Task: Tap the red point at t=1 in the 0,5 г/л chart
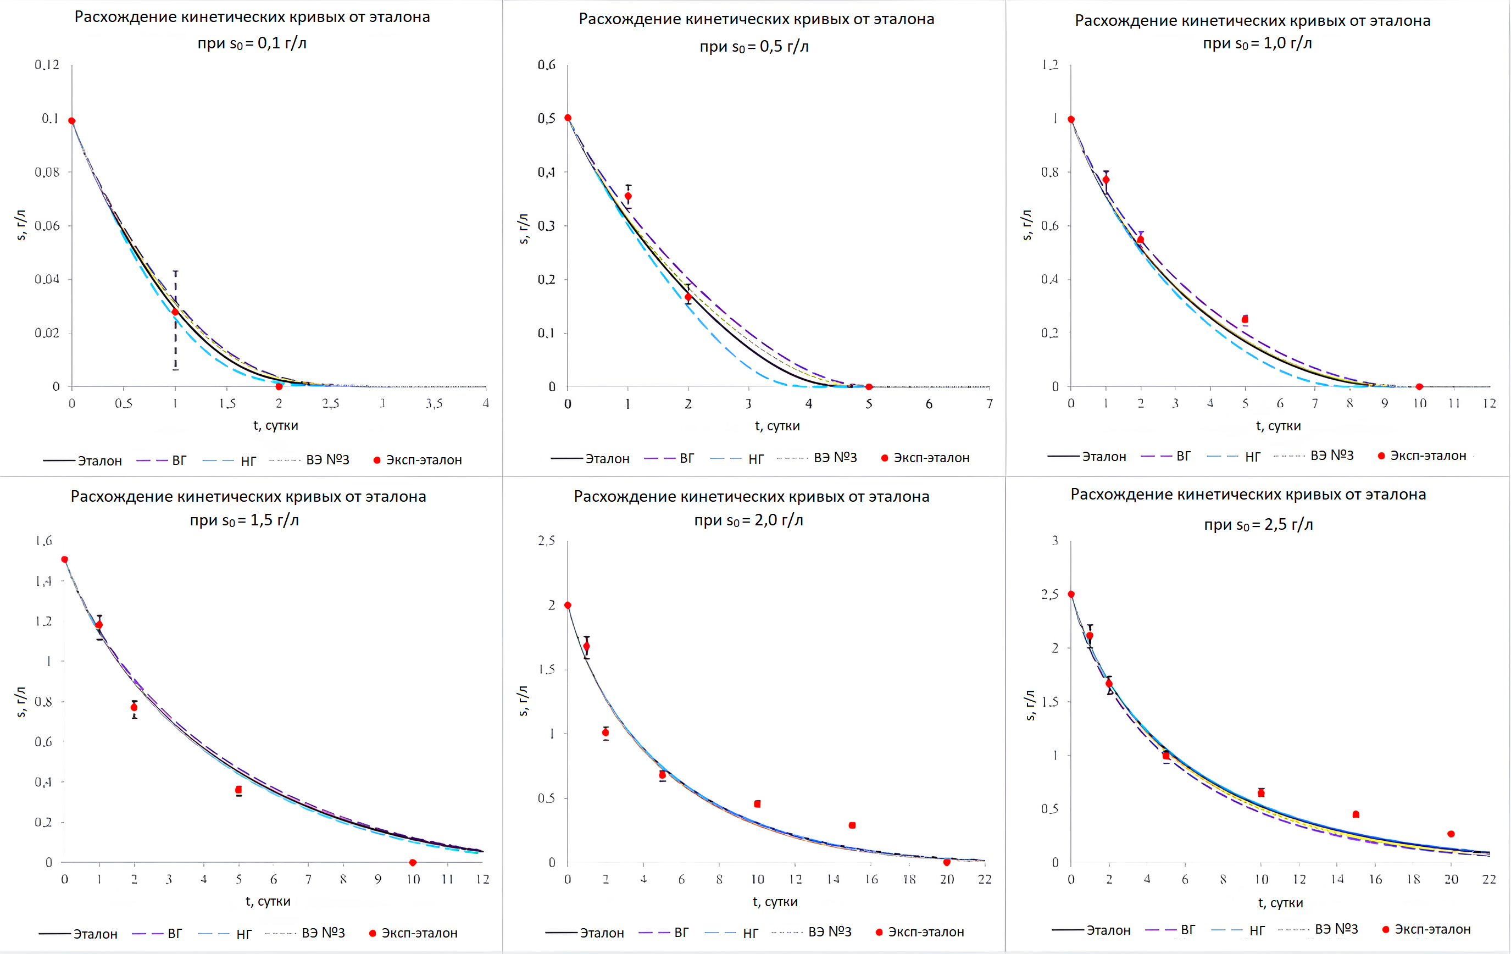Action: (x=628, y=196)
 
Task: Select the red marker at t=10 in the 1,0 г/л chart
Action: (x=1419, y=387)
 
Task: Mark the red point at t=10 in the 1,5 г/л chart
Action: (x=412, y=862)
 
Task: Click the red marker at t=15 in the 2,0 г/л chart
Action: (x=852, y=825)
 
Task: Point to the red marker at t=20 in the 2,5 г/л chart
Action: (x=1451, y=834)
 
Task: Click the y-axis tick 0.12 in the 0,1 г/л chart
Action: (x=47, y=65)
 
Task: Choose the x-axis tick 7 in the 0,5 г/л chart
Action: (x=990, y=403)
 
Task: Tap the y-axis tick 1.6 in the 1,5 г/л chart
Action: (x=44, y=541)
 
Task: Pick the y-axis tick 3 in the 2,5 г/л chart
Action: (x=1055, y=541)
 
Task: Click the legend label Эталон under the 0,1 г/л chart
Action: (x=100, y=461)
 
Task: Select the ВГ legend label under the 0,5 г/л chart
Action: (x=687, y=458)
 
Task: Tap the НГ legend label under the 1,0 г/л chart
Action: (x=1252, y=457)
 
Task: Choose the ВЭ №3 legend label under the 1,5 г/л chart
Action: (x=323, y=933)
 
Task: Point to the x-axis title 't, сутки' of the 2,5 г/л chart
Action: (x=1280, y=903)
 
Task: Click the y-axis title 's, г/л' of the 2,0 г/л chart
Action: (x=523, y=701)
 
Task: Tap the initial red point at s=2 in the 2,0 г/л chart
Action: (x=568, y=605)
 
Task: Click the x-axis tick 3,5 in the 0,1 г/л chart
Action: (x=434, y=403)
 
